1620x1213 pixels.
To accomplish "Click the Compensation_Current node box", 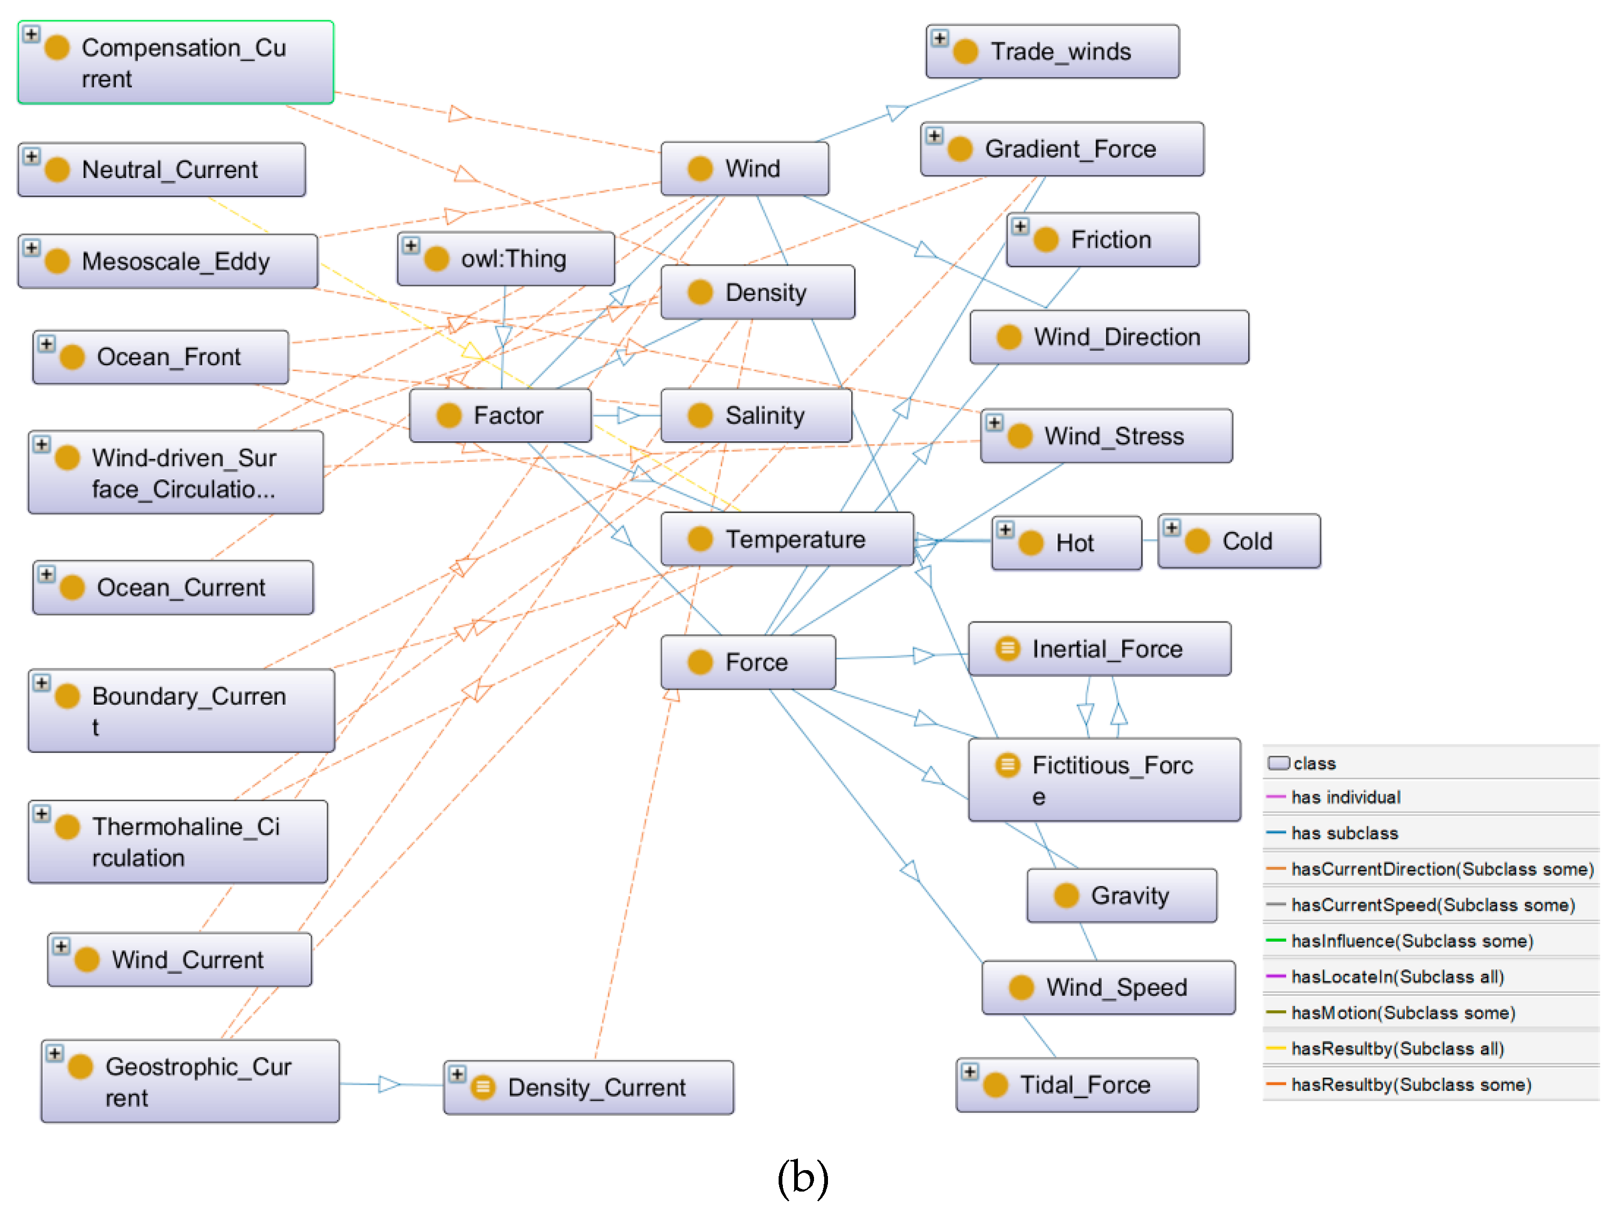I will (x=176, y=63).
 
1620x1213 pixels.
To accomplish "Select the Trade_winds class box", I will (x=1052, y=52).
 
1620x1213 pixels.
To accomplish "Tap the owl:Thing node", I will (x=505, y=259).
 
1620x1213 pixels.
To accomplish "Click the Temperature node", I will (x=787, y=539).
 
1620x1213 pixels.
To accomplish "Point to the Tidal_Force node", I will (x=1076, y=1085).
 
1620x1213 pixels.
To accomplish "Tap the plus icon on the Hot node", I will (x=1006, y=530).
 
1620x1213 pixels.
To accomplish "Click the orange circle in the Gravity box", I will (x=1066, y=896).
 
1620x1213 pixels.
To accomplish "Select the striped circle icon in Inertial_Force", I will (x=1008, y=648).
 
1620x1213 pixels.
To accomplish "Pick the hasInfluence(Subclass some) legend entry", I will (x=1411, y=941).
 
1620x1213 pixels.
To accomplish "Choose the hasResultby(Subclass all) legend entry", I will (x=1397, y=1048).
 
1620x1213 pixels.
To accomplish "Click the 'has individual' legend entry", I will (x=1345, y=797).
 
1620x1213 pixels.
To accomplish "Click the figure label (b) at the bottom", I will (x=803, y=1177).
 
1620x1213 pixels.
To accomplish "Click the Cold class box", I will (x=1238, y=542).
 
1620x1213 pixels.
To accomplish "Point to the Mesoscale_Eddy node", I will (x=168, y=261).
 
